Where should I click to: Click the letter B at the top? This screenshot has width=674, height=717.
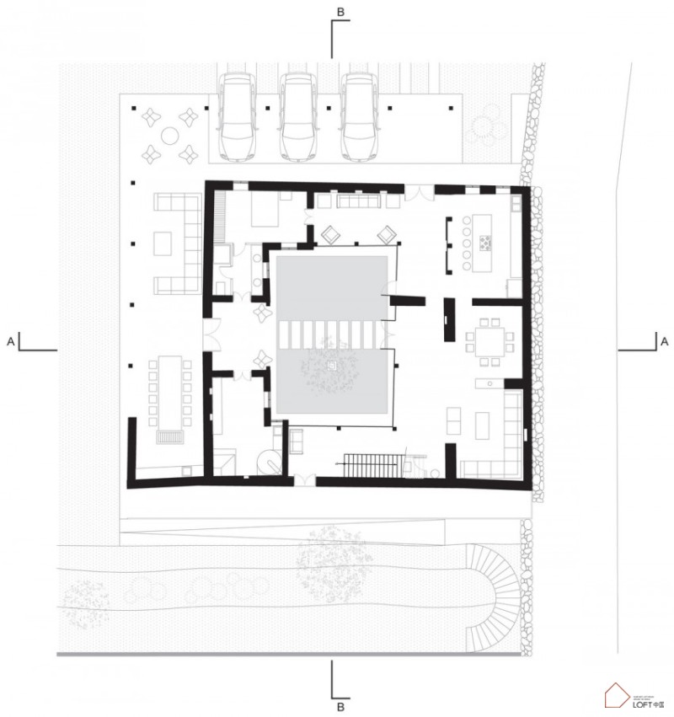[340, 12]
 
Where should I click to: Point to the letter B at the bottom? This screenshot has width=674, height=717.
[340, 704]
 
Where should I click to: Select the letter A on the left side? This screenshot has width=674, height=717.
[10, 341]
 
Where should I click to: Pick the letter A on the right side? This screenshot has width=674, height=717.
[665, 341]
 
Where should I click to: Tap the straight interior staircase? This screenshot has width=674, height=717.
[369, 463]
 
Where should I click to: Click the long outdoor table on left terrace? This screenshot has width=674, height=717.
[171, 392]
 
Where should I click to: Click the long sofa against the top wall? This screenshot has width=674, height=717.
[361, 201]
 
